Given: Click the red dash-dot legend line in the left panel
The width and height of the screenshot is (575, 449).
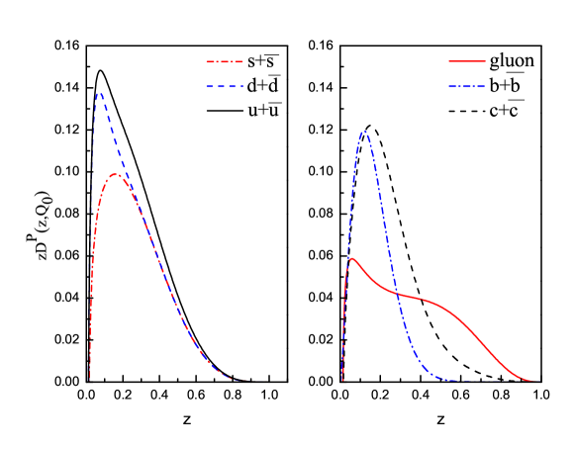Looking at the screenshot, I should pos(225,62).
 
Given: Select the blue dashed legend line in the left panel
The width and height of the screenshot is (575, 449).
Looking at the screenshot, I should pos(225,87).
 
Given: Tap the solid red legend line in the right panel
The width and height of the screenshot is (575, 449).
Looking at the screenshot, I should pos(467,62).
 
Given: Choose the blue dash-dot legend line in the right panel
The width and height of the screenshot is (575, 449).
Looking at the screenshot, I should pos(467,87).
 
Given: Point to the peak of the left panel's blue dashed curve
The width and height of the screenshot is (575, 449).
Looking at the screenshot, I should pos(100,93).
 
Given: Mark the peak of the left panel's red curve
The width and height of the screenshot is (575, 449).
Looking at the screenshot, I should pos(116,174).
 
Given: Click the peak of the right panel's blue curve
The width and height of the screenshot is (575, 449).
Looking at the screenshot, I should pos(365,131).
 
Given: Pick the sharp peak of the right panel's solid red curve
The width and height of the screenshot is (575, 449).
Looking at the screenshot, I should pos(351,258).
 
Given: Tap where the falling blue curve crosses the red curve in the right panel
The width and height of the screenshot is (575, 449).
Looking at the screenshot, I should pos(398,293).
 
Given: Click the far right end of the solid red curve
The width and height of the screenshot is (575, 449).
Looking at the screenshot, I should pos(535,380).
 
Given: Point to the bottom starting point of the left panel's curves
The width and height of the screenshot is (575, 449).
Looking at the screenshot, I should pos(89,378).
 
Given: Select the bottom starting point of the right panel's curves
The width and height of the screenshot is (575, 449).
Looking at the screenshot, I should pos(342,379).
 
